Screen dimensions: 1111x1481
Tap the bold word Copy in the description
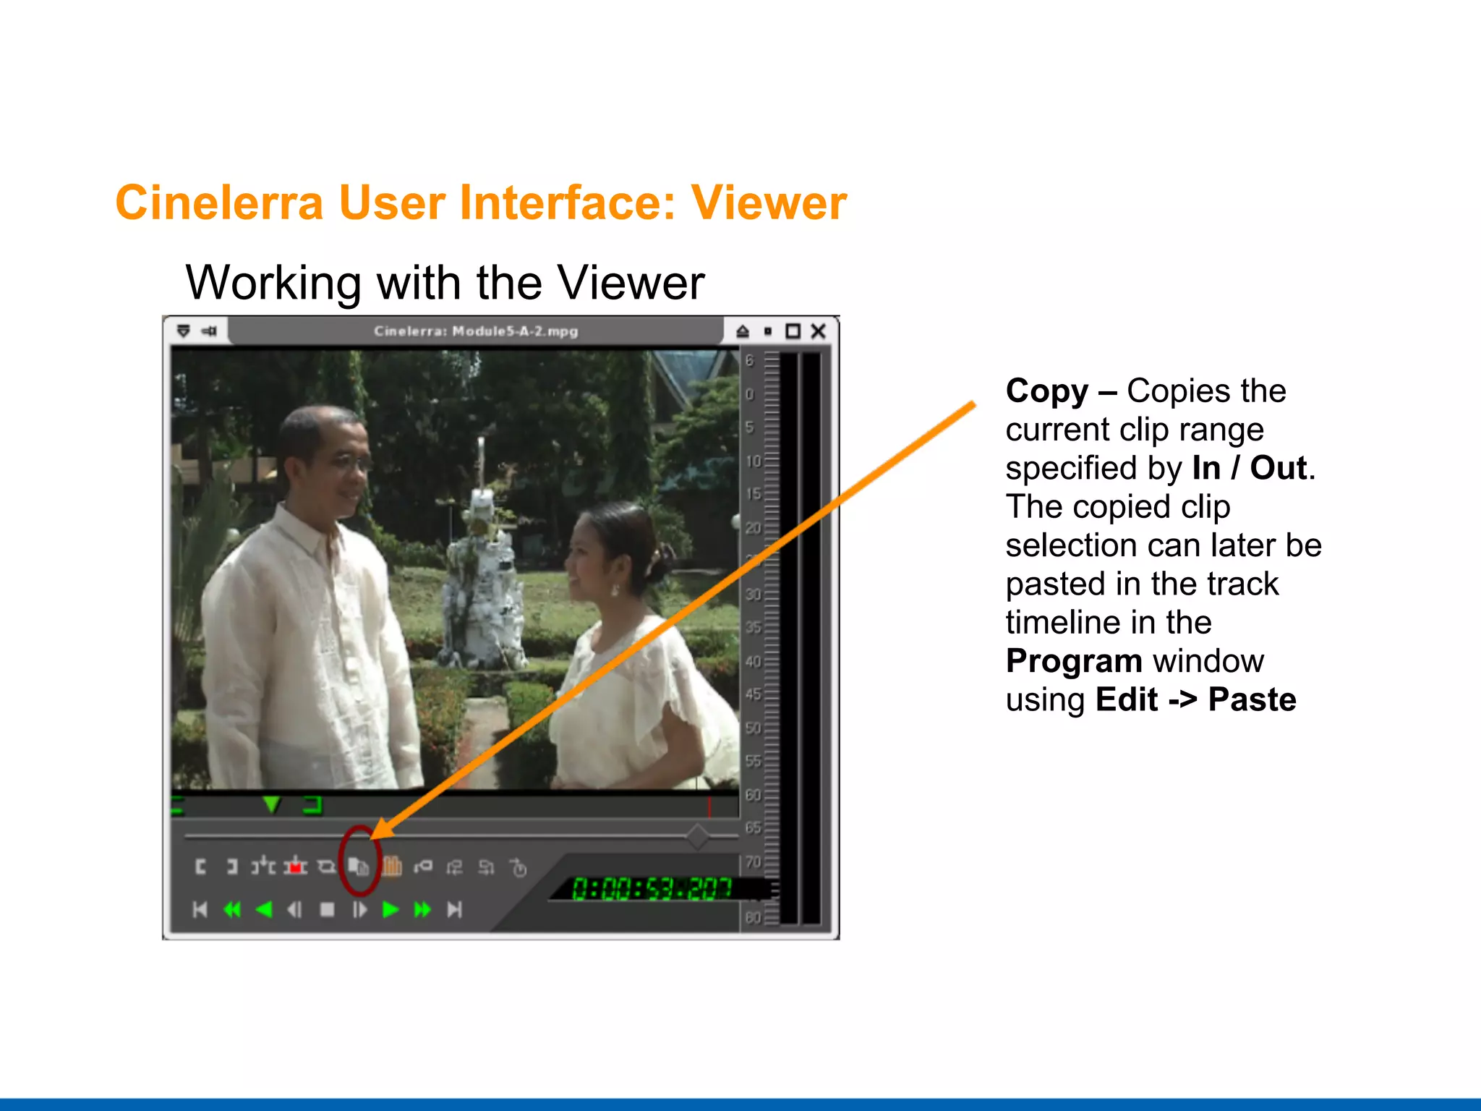pyautogui.click(x=1046, y=391)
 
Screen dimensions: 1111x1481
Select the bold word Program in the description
pyautogui.click(x=1074, y=661)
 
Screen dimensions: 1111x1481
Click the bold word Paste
pyautogui.click(x=1252, y=699)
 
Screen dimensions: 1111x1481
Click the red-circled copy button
pyautogui.click(x=359, y=866)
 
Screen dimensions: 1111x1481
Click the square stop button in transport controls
pyautogui.click(x=327, y=909)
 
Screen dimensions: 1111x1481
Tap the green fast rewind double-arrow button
pyautogui.click(x=232, y=909)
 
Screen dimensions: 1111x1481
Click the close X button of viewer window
pyautogui.click(x=818, y=331)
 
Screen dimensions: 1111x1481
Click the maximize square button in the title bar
pyautogui.click(x=793, y=331)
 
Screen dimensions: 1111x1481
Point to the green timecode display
pyautogui.click(x=651, y=888)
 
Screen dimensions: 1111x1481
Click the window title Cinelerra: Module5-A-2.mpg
pyautogui.click(x=476, y=331)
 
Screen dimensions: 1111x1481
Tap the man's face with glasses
pyautogui.click(x=340, y=463)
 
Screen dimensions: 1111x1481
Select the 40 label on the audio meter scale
pyautogui.click(x=753, y=661)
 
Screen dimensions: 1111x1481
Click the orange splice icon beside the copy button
pyautogui.click(x=392, y=866)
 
